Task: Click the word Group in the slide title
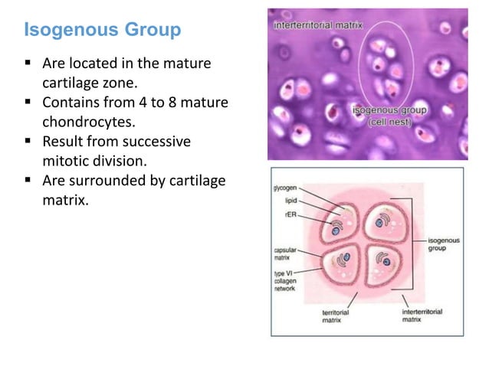153,31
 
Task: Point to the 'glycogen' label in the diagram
286,188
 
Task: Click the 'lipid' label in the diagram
290,199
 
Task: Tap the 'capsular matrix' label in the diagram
286,255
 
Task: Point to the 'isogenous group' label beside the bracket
444,244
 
